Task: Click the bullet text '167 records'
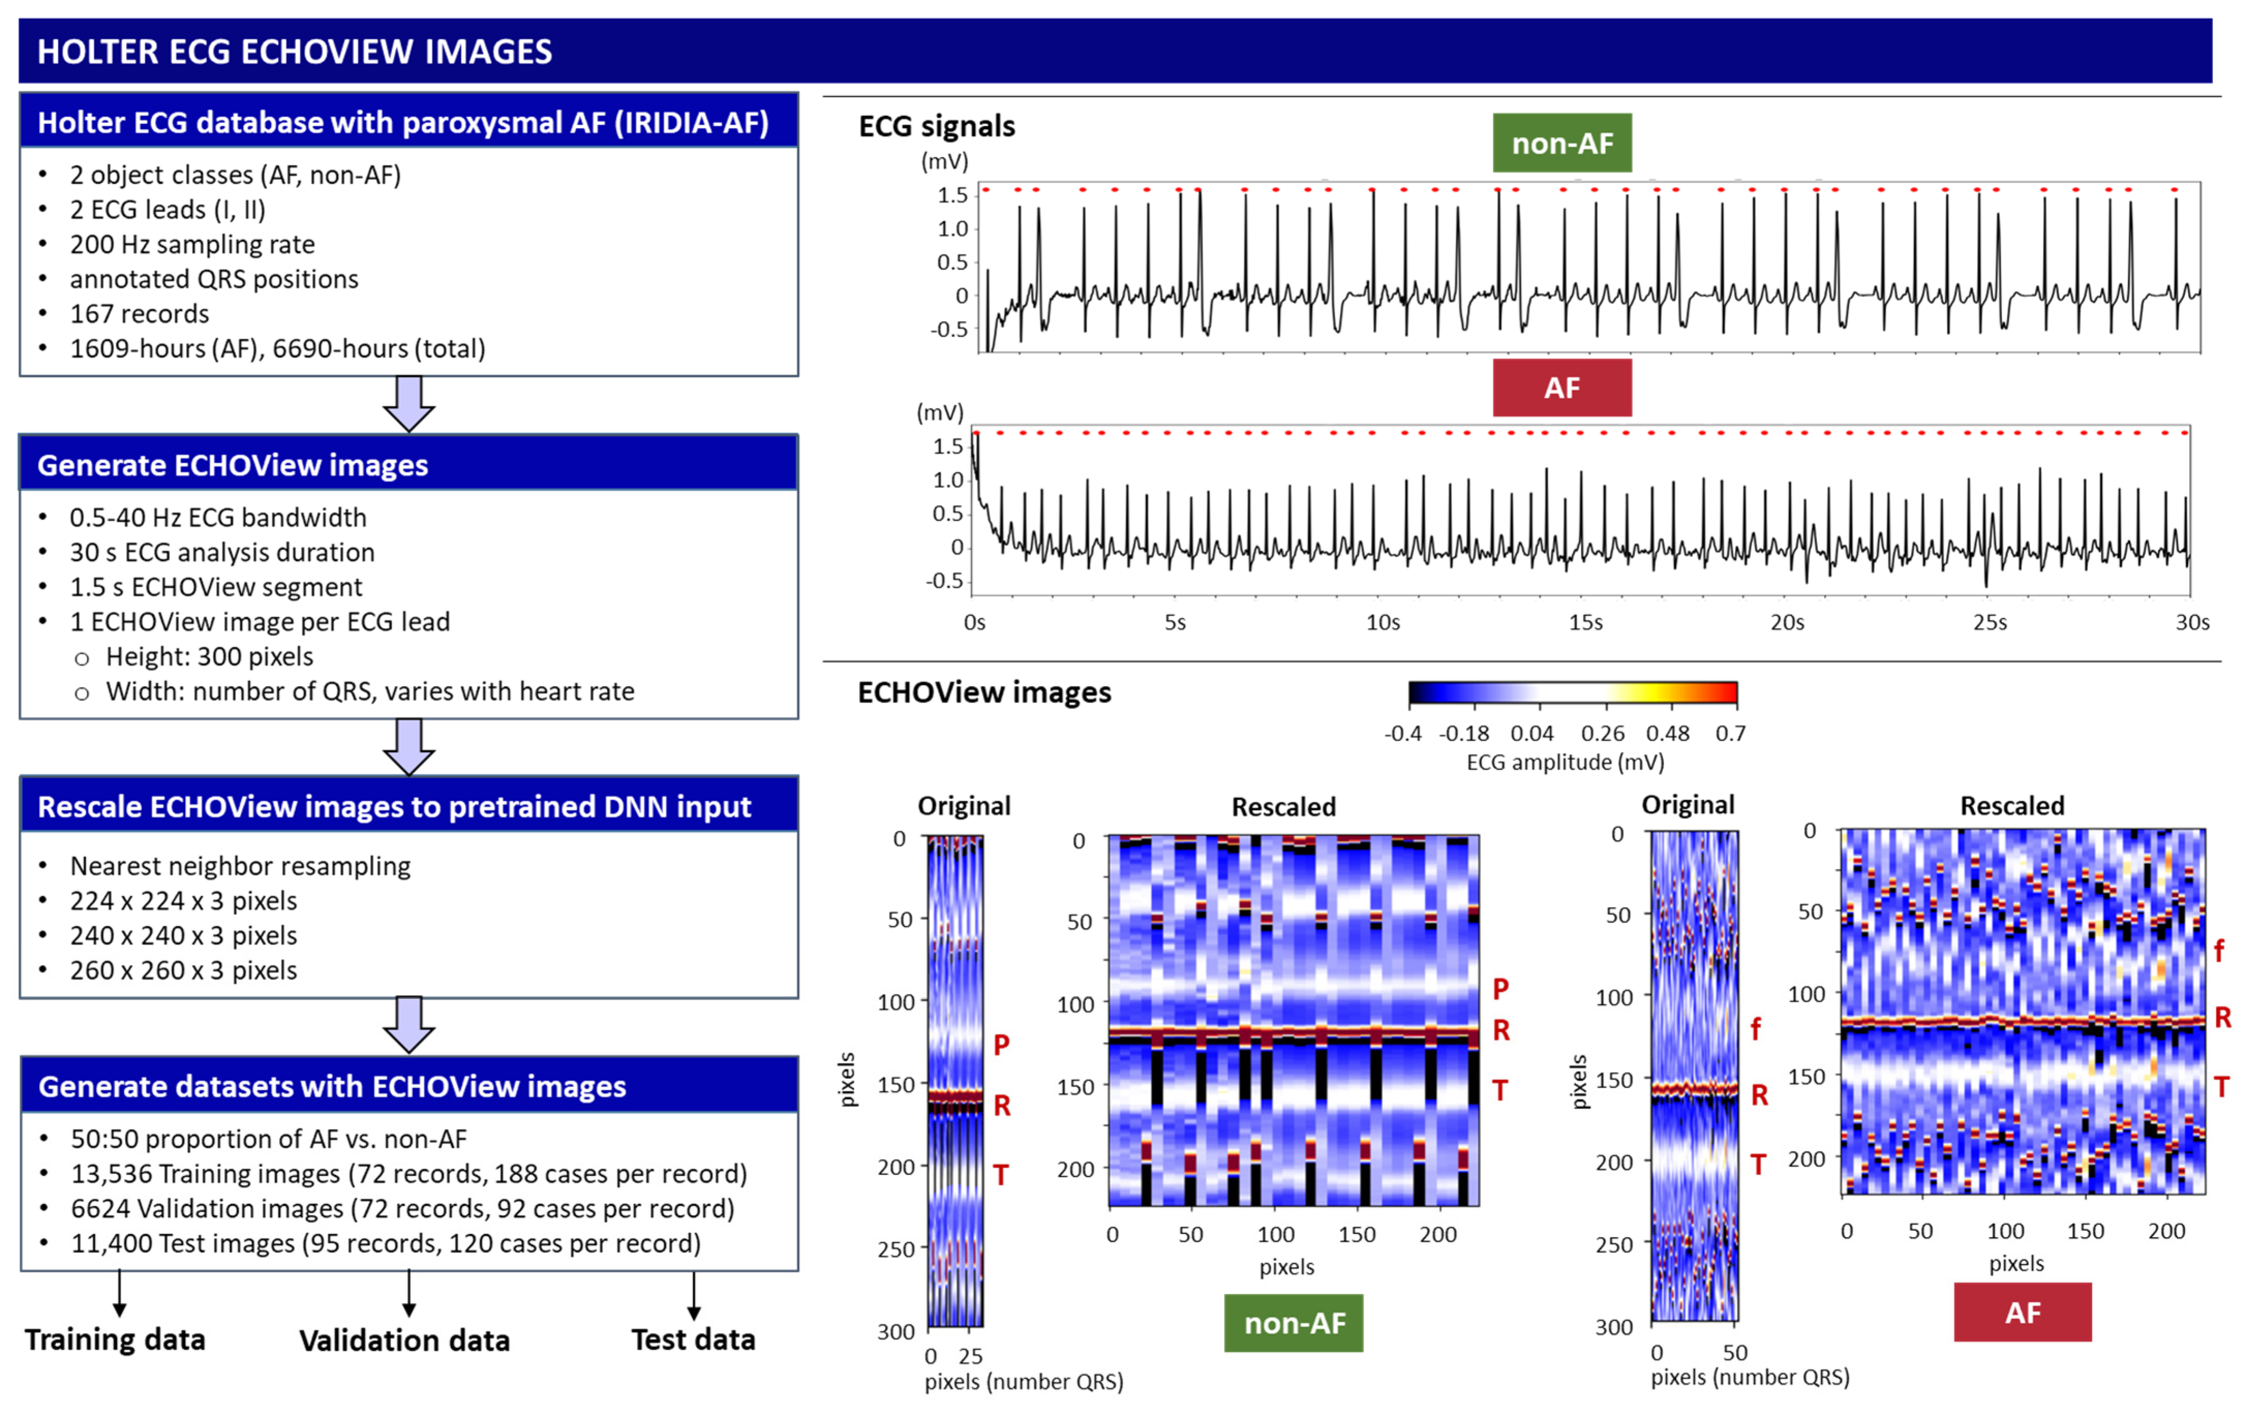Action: (139, 314)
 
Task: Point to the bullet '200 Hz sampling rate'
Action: (192, 244)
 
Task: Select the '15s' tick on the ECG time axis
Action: (1585, 622)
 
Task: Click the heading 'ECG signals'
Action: (936, 126)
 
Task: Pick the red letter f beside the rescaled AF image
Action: (2218, 950)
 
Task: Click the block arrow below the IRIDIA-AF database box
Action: (408, 403)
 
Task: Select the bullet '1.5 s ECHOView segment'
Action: (216, 587)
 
